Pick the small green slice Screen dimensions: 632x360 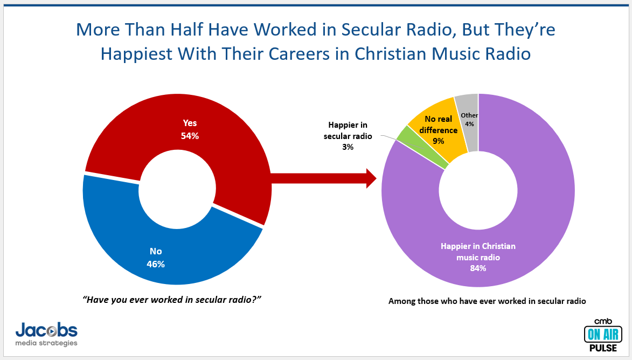tap(422, 148)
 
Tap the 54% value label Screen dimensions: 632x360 tap(190, 136)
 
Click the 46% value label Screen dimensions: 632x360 tap(156, 264)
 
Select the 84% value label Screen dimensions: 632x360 tap(478, 268)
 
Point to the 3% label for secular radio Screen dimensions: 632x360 tap(348, 147)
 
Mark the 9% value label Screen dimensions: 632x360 tap(438, 141)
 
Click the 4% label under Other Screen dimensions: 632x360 tap(470, 124)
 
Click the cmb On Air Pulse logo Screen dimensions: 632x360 tap(603, 335)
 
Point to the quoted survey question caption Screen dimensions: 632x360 tap(172, 300)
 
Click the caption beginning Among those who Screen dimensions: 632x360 tap(487, 301)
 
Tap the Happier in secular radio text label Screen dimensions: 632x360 tap(348, 130)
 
